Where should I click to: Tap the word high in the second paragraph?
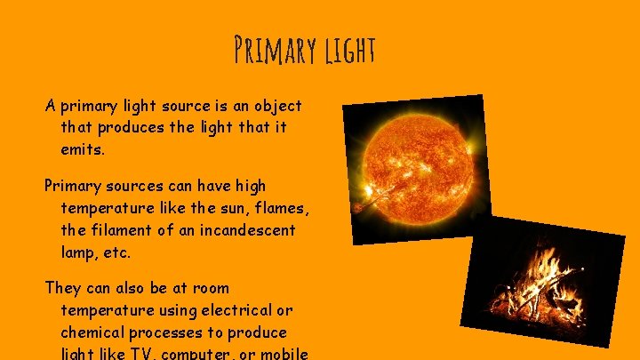(x=250, y=186)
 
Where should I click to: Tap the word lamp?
(x=79, y=252)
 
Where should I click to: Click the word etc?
(x=116, y=252)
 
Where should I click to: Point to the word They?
(x=64, y=288)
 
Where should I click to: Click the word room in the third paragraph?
(x=210, y=288)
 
